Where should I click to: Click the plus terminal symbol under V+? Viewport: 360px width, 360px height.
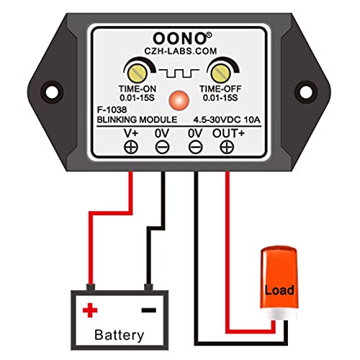(x=132, y=148)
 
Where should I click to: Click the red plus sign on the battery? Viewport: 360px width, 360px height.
(x=90, y=310)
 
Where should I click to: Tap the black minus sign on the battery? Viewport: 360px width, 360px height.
(x=147, y=310)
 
